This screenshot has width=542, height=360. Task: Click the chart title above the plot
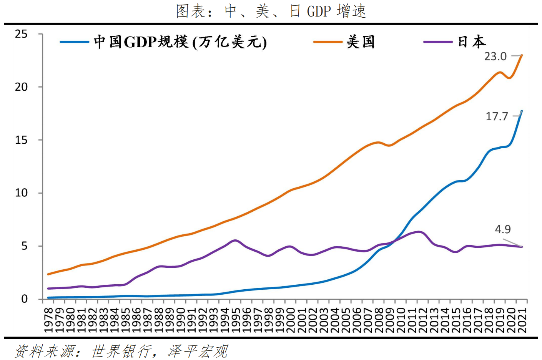tap(271, 11)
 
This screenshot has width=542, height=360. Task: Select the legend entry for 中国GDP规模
tap(163, 42)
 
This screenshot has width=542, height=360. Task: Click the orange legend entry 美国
tap(344, 42)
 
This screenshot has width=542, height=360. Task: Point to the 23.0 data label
tap(495, 56)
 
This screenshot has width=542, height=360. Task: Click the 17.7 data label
tap(497, 116)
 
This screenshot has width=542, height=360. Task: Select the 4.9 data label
tap(502, 229)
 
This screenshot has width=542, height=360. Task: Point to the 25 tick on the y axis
tap(22, 34)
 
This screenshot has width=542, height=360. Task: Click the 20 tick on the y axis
tap(22, 87)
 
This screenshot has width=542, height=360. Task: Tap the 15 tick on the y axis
tap(22, 140)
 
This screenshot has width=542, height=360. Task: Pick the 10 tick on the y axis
tap(22, 193)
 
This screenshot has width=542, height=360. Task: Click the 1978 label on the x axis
tap(48, 320)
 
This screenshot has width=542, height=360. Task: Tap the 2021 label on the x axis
tap(522, 320)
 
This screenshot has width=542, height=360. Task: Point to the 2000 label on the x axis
tap(291, 320)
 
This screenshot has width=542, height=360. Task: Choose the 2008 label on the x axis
tap(379, 320)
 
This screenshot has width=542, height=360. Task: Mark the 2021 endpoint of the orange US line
tap(522, 55)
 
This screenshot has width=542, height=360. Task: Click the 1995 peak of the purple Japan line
tap(235, 241)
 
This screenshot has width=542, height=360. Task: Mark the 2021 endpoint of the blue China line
tap(522, 111)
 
